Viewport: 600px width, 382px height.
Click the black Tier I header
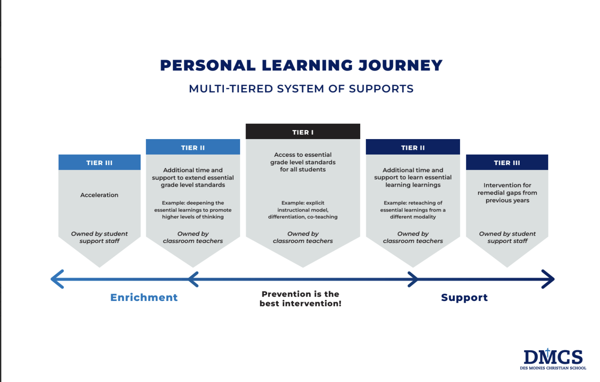click(x=303, y=132)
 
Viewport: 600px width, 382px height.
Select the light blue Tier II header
click(x=193, y=147)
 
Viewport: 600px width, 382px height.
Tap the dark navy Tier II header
click(x=413, y=147)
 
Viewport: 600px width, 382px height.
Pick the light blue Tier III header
click(x=100, y=162)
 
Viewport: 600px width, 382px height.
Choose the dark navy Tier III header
click(x=507, y=162)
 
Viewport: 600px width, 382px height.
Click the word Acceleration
click(x=100, y=195)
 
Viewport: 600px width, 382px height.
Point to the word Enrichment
click(x=144, y=297)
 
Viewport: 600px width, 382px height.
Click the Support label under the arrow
click(x=464, y=298)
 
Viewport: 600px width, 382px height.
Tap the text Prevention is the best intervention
click(x=300, y=299)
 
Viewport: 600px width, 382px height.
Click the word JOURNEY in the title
click(x=401, y=65)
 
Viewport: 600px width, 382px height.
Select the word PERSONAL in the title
click(x=208, y=65)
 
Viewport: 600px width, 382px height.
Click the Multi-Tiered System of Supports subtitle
click(x=301, y=89)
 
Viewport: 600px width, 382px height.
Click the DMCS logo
click(x=553, y=359)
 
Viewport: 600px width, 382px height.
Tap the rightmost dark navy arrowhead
click(x=548, y=279)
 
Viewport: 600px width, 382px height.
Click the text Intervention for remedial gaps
click(x=507, y=193)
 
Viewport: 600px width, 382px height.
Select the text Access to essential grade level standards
click(x=303, y=162)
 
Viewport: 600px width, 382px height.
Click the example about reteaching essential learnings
click(x=413, y=210)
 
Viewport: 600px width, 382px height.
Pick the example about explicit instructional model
click(x=303, y=210)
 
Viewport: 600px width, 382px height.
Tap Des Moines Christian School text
click(x=553, y=368)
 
